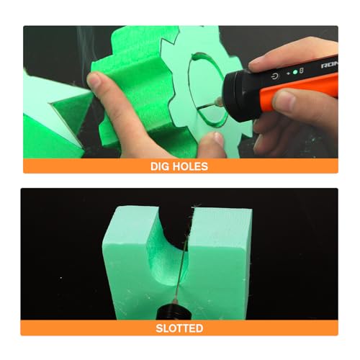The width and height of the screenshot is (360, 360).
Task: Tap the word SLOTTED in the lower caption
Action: [x=179, y=328]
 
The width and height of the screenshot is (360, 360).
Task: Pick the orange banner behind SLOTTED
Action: [x=72, y=328]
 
